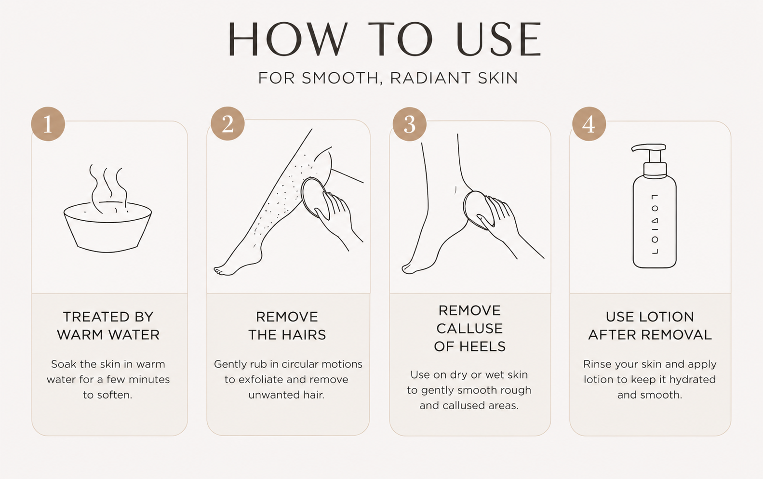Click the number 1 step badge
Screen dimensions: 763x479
pyautogui.click(x=48, y=124)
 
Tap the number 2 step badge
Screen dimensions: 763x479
pyautogui.click(x=228, y=123)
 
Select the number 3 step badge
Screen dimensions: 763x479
pyautogui.click(x=409, y=124)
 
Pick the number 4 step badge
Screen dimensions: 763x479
pyautogui.click(x=589, y=124)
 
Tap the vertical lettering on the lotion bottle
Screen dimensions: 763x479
pyautogui.click(x=655, y=225)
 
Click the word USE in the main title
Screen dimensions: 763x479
pyautogui.click(x=498, y=39)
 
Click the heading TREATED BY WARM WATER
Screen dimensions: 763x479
pyautogui.click(x=108, y=326)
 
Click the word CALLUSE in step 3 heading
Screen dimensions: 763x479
pyautogui.click(x=470, y=329)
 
